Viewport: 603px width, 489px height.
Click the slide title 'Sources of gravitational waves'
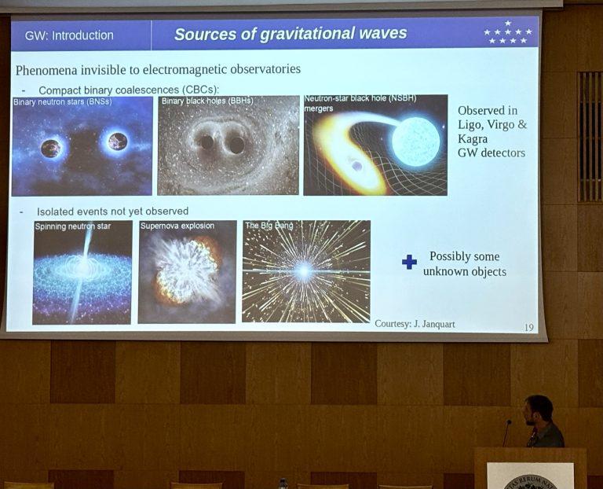coord(291,34)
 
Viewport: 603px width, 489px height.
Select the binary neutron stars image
coord(82,146)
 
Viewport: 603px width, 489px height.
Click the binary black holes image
coord(228,145)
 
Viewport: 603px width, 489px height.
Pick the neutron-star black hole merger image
coord(375,145)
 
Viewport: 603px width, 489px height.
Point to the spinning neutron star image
coord(82,272)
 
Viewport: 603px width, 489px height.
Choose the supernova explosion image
coord(187,272)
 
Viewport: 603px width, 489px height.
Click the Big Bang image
coord(305,271)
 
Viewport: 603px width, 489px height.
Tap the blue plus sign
coord(409,262)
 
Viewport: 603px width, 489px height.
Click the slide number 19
coord(528,326)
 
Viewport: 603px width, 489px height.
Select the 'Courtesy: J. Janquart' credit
coord(415,323)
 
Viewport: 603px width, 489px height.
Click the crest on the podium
coord(530,480)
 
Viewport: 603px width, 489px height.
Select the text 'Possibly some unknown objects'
coord(464,264)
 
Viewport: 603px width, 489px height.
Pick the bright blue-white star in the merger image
coord(415,142)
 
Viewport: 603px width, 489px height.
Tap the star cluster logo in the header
coord(508,33)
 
